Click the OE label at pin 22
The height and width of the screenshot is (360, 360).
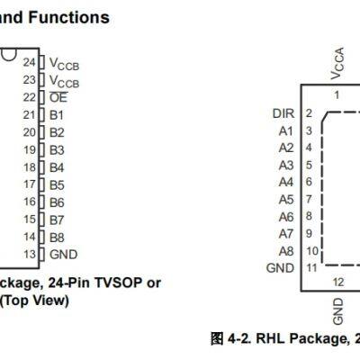coord(58,97)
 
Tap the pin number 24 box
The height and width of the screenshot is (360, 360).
coord(29,63)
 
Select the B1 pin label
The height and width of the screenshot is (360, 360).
coord(57,115)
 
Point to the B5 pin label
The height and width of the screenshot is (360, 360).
coord(57,184)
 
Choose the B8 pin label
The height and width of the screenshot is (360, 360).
coord(57,237)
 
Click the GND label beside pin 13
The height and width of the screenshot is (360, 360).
coord(63,254)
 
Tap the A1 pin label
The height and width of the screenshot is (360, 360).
coord(286,130)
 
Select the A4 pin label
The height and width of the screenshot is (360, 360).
coord(286,182)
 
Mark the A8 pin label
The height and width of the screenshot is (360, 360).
coord(286,250)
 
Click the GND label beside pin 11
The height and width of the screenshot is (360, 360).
coord(280,268)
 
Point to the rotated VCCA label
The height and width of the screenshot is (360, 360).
coord(337,65)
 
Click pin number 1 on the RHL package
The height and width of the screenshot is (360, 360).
coord(337,94)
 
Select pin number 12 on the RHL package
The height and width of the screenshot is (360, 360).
coord(337,283)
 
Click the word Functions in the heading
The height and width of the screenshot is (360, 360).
coord(71,17)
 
